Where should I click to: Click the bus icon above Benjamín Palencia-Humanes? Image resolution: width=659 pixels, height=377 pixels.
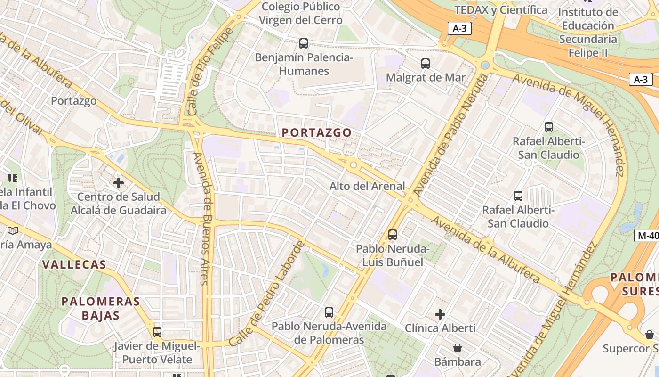click(x=304, y=43)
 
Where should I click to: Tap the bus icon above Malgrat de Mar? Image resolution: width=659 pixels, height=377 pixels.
click(x=426, y=63)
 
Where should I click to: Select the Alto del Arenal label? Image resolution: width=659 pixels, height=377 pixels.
click(x=367, y=186)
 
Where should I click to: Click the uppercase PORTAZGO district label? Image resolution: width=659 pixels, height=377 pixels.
click(x=317, y=133)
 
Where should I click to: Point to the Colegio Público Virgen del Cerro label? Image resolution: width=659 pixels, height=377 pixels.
click(x=301, y=14)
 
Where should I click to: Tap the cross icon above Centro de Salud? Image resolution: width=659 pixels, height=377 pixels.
click(x=119, y=182)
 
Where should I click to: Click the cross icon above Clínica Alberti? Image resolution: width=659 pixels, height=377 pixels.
click(x=440, y=314)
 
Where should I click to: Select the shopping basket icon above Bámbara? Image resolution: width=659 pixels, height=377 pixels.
click(x=457, y=348)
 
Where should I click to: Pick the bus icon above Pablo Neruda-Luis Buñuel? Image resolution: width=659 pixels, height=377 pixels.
click(x=392, y=234)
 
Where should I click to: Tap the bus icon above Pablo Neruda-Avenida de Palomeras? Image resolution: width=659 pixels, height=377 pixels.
click(x=329, y=312)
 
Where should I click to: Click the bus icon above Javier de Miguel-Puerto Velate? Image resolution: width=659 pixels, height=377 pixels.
click(x=157, y=332)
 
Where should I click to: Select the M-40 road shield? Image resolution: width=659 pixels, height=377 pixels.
click(x=646, y=236)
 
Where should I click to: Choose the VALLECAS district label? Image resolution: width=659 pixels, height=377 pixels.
click(x=74, y=264)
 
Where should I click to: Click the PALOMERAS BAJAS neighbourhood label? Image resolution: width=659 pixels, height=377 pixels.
click(x=101, y=308)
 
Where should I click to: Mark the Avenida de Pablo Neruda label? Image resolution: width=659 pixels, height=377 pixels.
click(x=449, y=135)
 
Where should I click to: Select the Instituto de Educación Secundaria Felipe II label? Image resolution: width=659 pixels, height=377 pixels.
click(x=588, y=32)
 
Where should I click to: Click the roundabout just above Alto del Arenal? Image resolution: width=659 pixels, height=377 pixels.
click(x=353, y=165)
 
